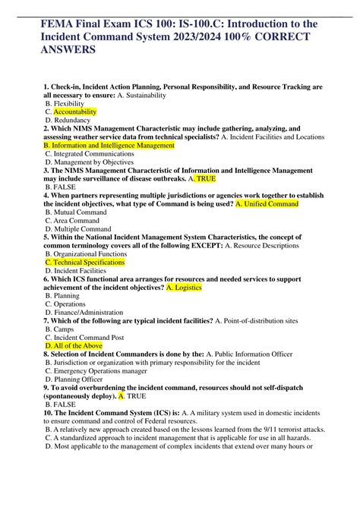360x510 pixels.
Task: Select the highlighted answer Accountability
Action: tap(84, 112)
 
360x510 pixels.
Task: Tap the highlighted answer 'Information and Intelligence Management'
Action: tap(110, 145)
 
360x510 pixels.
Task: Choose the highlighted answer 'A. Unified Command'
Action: tap(267, 203)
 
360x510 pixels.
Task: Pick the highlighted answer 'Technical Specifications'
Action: tap(85, 262)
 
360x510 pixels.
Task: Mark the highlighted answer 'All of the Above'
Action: tap(74, 345)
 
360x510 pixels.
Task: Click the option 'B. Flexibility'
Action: tap(65, 103)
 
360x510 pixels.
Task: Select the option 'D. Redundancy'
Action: tap(68, 120)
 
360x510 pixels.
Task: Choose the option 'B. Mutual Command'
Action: tap(76, 212)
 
